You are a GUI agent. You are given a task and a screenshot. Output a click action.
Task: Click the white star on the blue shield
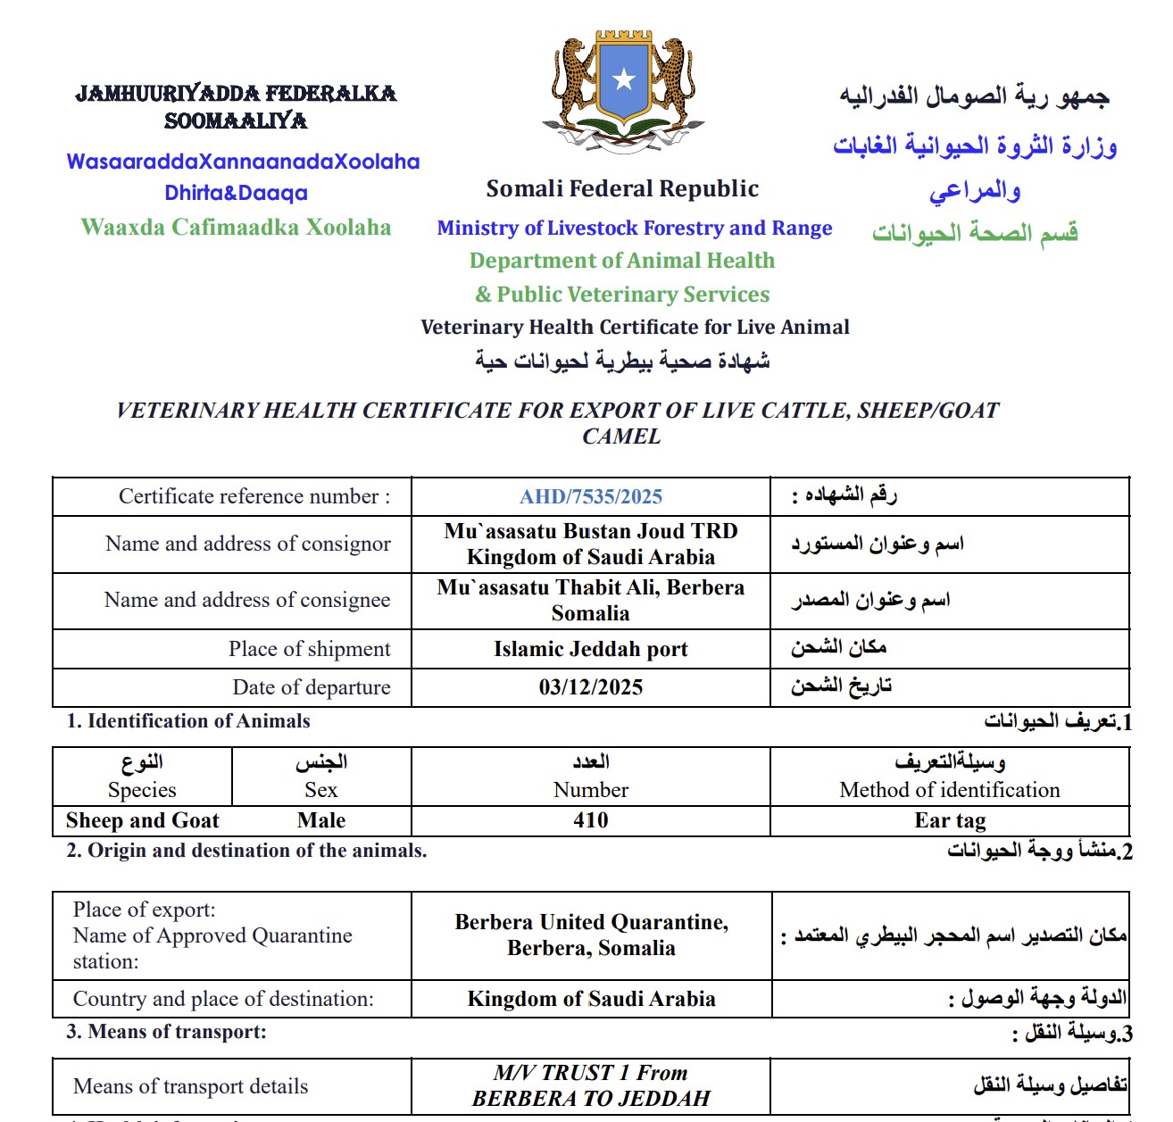[x=624, y=79]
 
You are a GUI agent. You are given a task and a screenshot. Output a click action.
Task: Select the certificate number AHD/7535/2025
[x=591, y=497]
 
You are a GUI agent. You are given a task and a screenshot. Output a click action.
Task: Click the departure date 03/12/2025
[x=591, y=687]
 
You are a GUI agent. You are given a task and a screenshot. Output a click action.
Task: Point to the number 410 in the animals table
[x=591, y=820]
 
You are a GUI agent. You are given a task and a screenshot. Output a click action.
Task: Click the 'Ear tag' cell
[x=950, y=820]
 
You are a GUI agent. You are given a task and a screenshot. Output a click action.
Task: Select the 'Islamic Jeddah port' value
[x=591, y=649]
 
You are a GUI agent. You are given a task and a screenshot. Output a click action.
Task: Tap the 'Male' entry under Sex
[x=321, y=820]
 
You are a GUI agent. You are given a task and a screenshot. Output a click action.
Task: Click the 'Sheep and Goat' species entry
[x=143, y=820]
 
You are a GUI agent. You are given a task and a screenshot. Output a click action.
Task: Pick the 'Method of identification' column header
[x=950, y=790]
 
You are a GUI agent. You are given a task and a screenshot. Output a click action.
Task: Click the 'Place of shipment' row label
[x=309, y=649]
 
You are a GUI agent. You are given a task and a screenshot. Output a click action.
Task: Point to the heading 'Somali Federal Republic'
[x=622, y=189]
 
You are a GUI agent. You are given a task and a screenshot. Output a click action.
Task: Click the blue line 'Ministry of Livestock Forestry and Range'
[x=634, y=229]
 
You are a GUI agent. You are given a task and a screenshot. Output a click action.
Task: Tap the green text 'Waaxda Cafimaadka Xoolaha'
[x=236, y=228]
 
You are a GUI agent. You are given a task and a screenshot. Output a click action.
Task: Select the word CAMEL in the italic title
[x=621, y=436]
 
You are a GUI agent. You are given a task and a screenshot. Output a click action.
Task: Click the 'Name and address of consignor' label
[x=247, y=544]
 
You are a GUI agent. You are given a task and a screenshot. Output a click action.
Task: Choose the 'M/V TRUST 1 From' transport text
[x=591, y=1073]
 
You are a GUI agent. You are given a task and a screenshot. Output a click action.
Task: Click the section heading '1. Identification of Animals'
[x=188, y=721]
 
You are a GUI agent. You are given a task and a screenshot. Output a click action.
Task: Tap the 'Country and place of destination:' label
[x=223, y=999]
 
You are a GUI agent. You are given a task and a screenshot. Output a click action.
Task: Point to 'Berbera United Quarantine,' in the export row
[x=591, y=922]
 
